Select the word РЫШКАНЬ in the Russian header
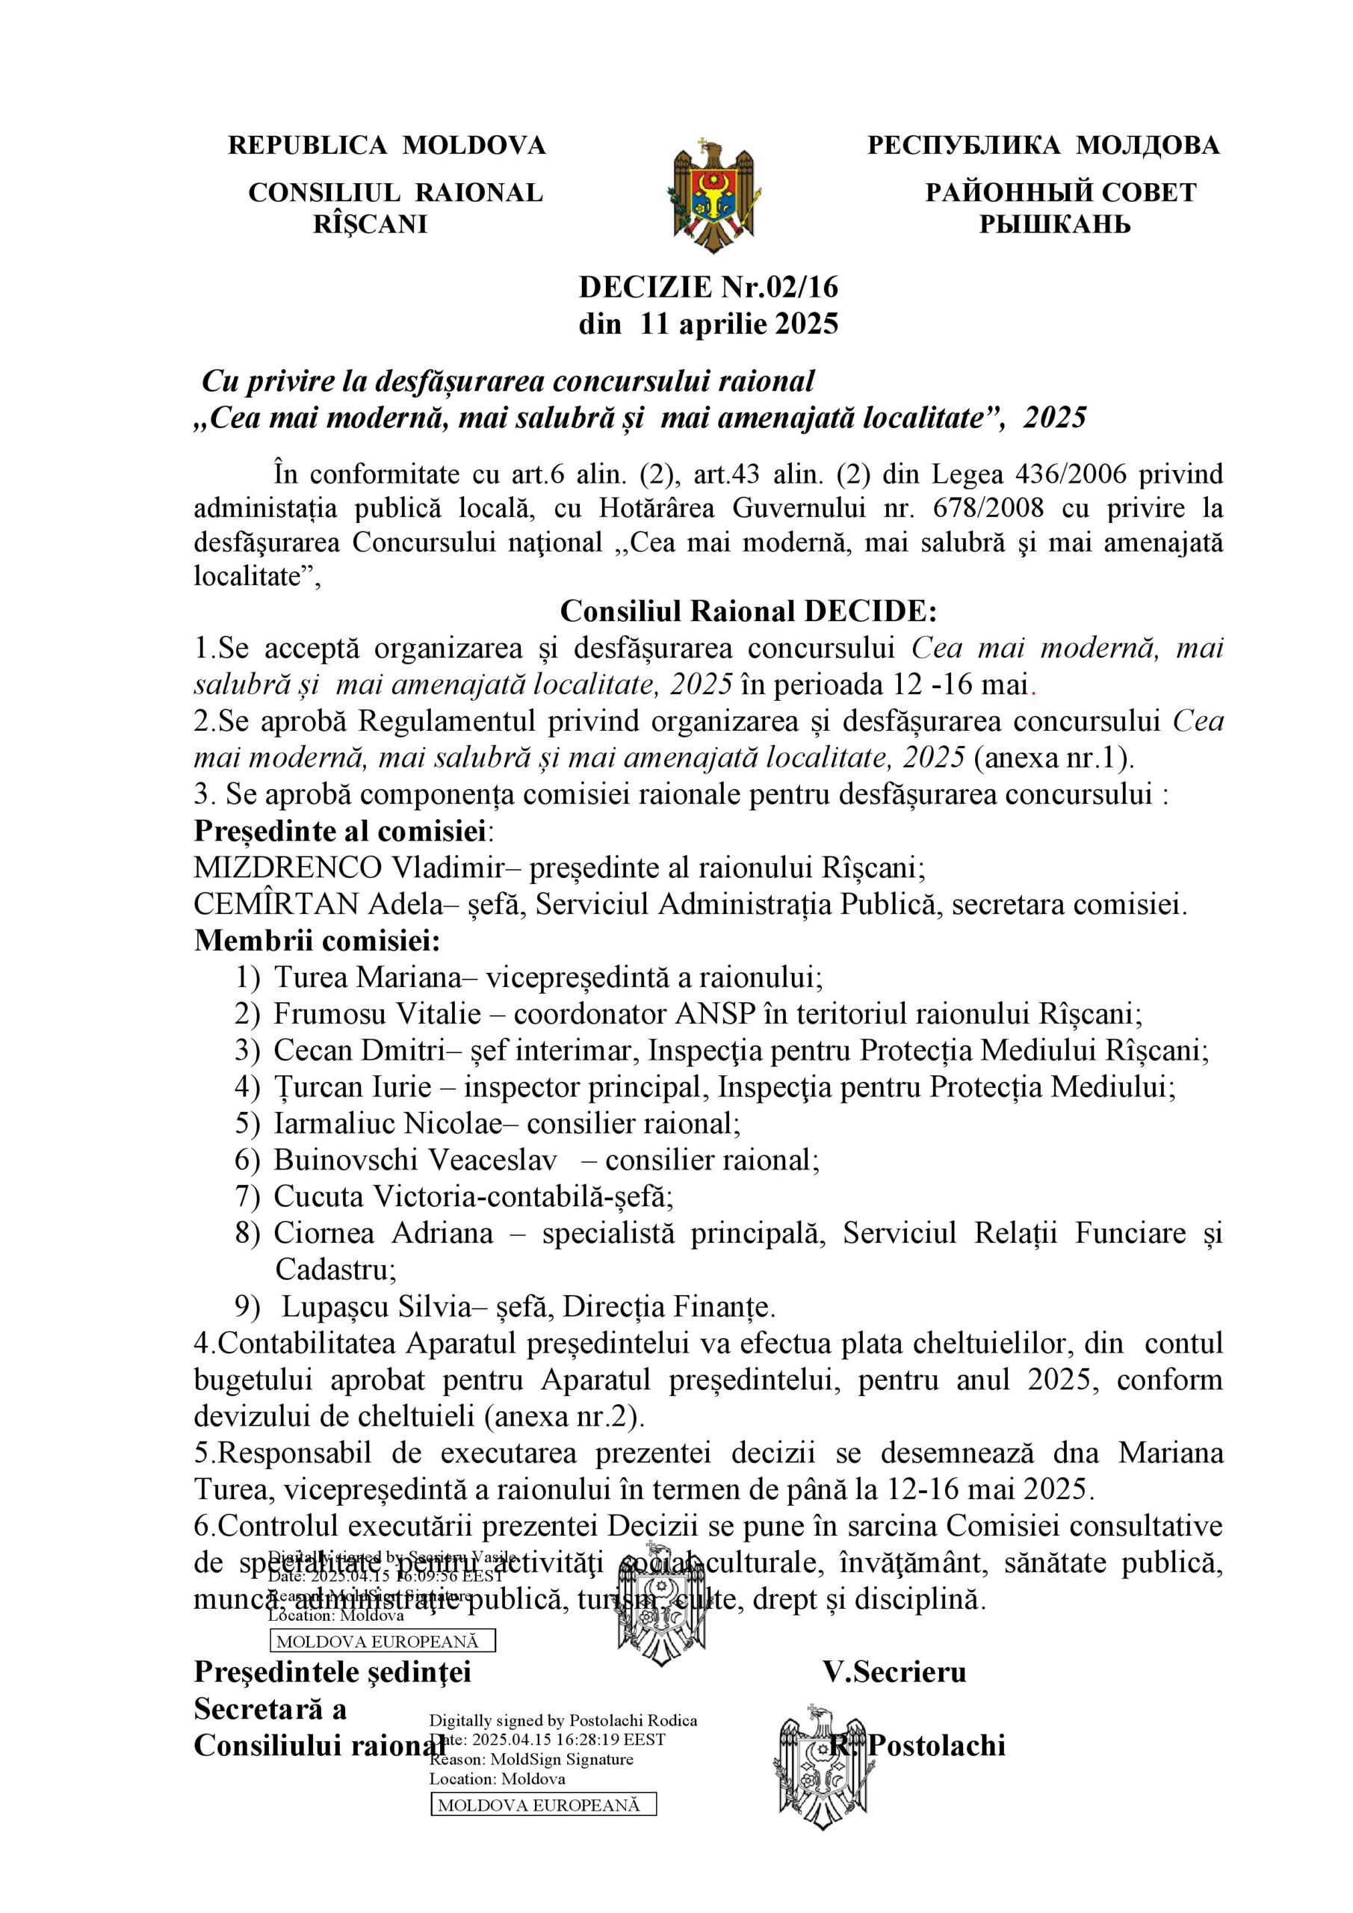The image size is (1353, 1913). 1055,224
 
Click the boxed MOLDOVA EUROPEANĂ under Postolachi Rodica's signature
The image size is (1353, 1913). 543,1805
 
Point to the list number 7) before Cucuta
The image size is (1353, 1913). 247,1196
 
